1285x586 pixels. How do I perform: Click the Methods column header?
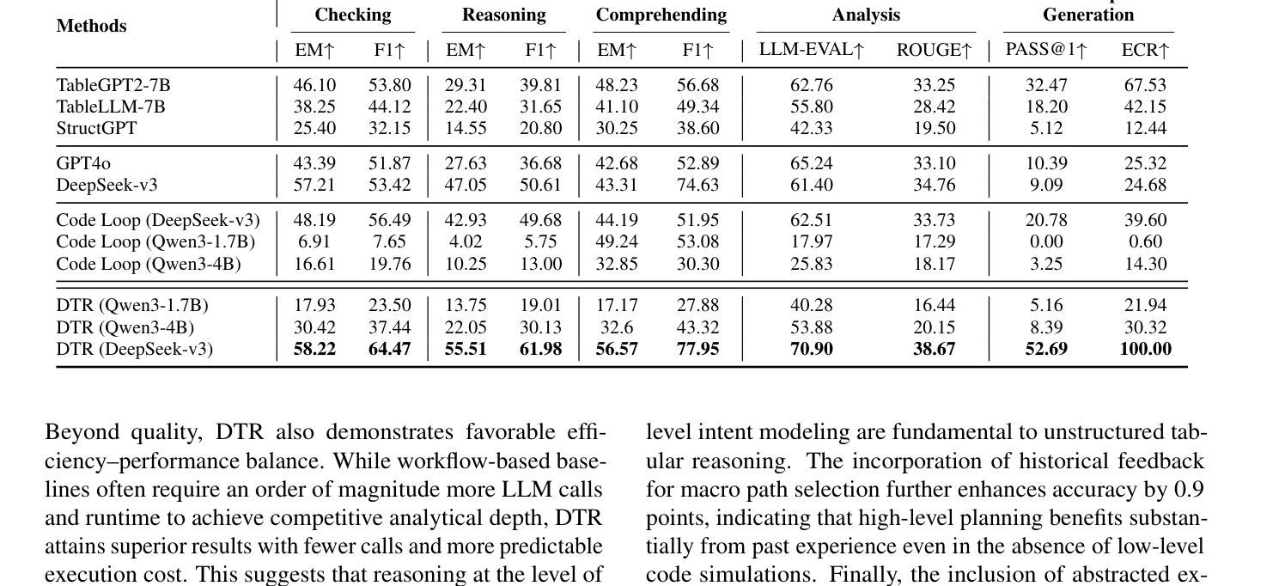[x=91, y=26]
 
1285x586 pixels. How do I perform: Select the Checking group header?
[x=352, y=15]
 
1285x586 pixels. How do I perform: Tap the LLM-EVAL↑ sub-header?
[x=811, y=50]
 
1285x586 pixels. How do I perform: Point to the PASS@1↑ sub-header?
[x=1045, y=50]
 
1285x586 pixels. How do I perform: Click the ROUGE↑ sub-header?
[x=934, y=50]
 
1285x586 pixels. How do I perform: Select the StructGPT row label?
[x=96, y=128]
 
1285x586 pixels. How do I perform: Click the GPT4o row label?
[x=83, y=163]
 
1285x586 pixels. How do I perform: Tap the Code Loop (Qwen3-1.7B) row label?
[x=155, y=242]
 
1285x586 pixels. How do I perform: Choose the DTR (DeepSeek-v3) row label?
[x=135, y=349]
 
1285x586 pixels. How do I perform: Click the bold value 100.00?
[x=1145, y=349]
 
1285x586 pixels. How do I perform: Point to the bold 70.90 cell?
[x=811, y=349]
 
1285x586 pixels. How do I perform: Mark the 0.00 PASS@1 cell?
[x=1045, y=242]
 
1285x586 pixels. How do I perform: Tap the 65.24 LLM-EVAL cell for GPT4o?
[x=811, y=163]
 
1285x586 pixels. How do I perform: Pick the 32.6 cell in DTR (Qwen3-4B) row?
[x=617, y=327]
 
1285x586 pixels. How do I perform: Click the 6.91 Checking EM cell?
[x=314, y=242]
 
